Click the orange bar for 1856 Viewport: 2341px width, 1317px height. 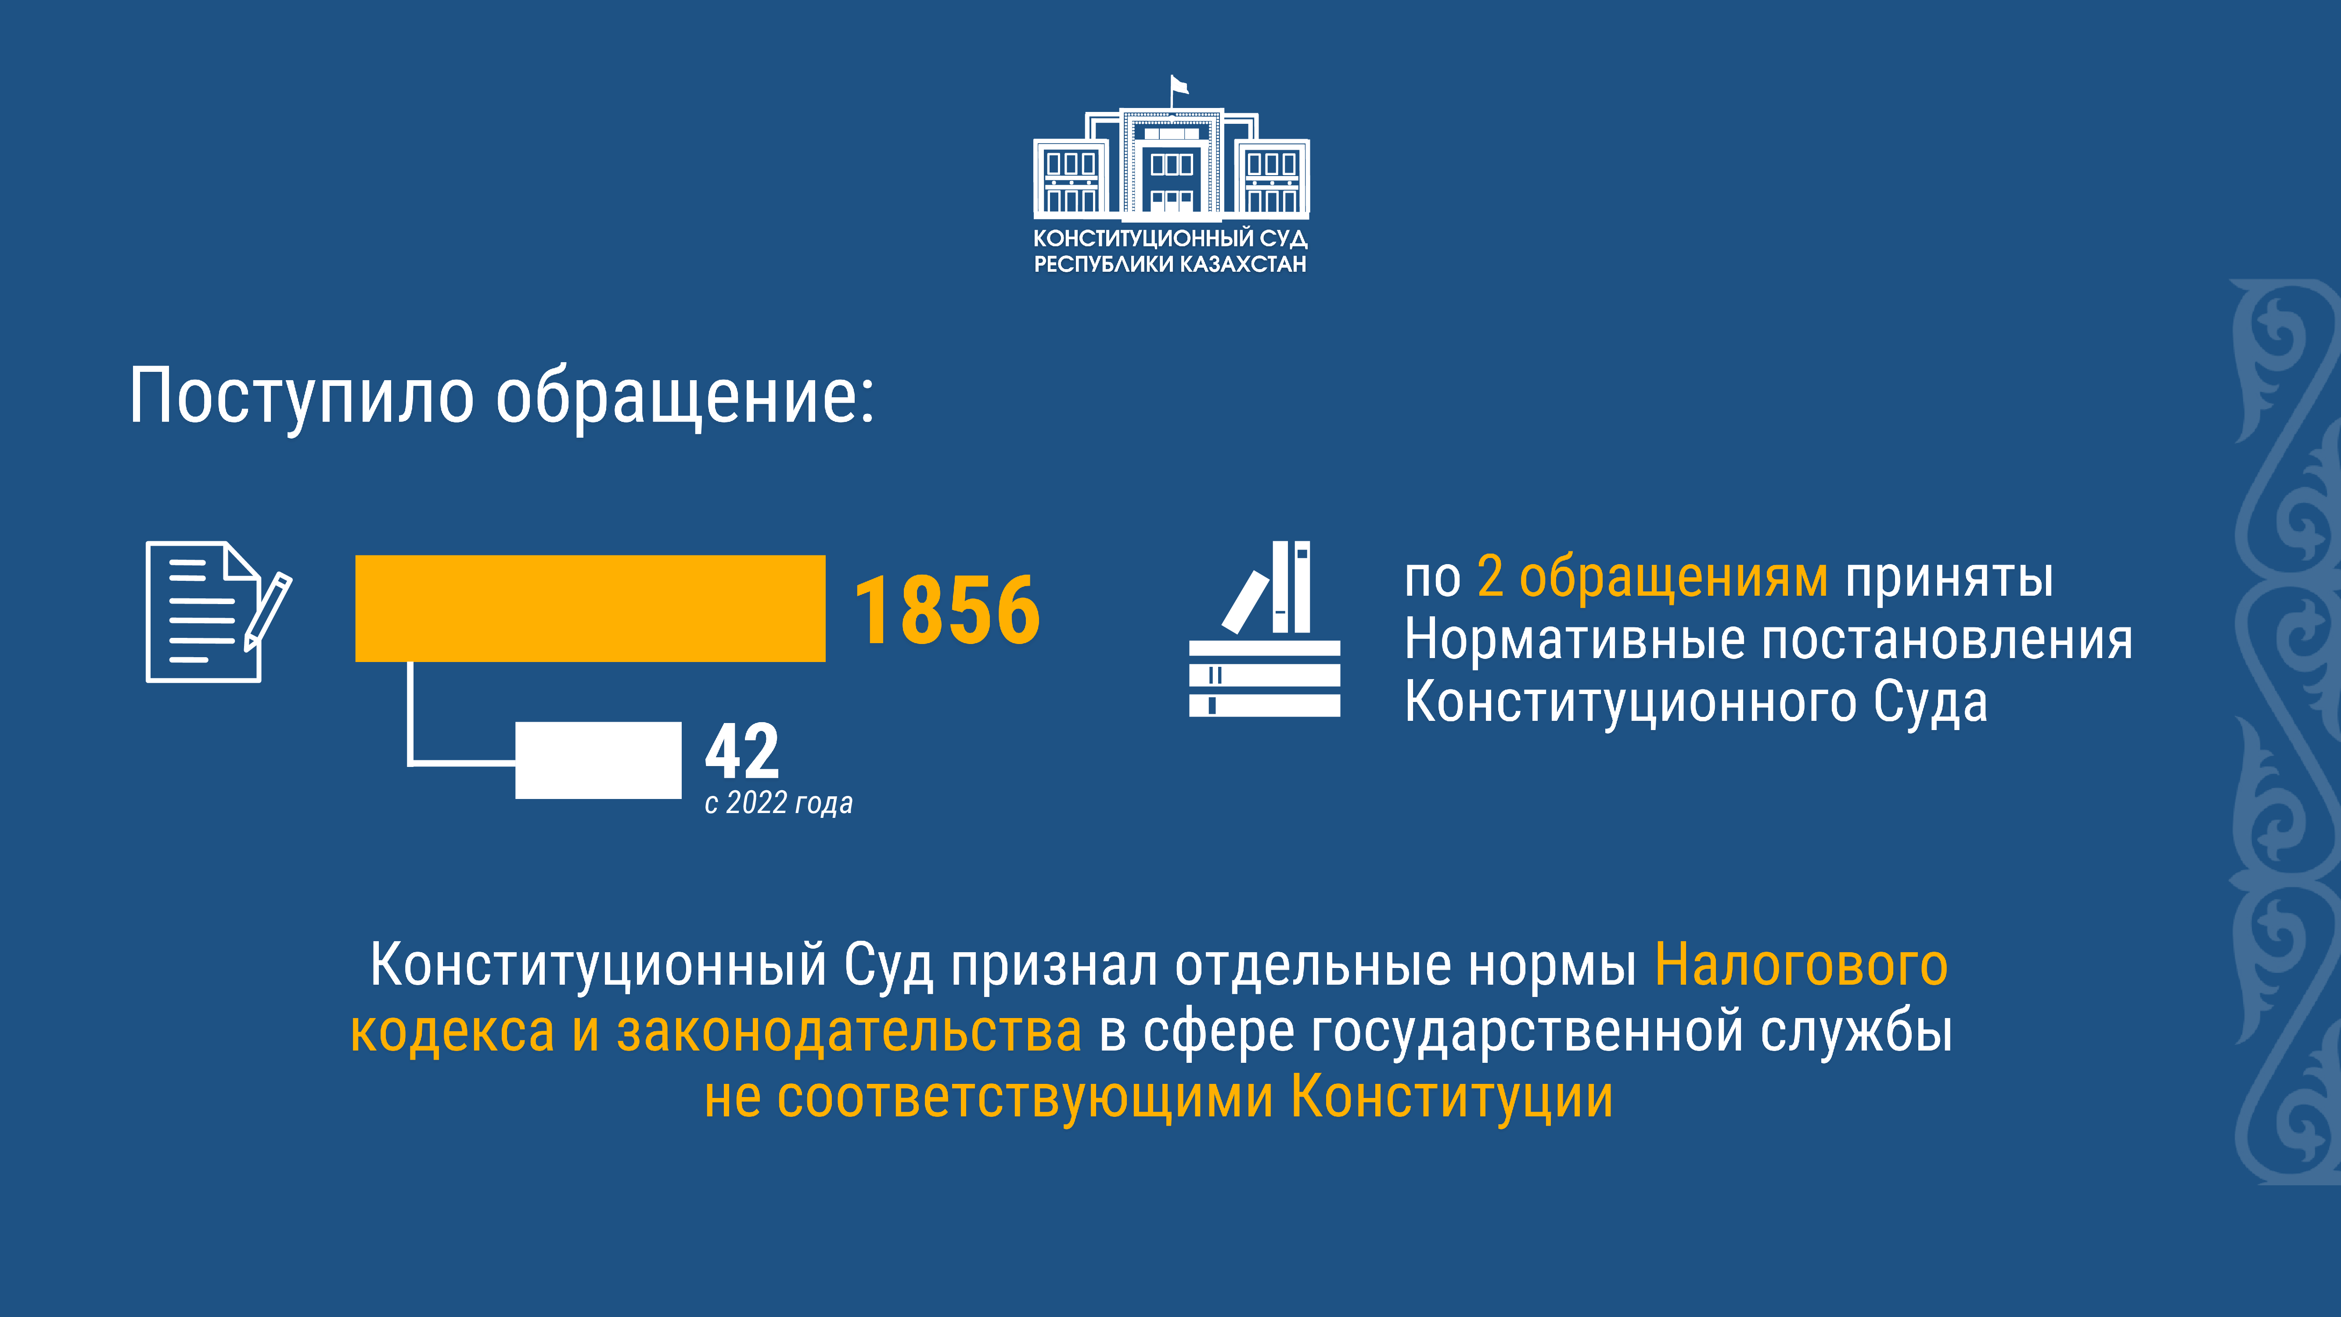tap(590, 608)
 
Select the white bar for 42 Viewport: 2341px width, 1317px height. tap(598, 760)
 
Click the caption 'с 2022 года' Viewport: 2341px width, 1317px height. tap(779, 802)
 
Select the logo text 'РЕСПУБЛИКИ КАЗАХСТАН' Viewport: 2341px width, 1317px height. tap(1170, 264)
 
